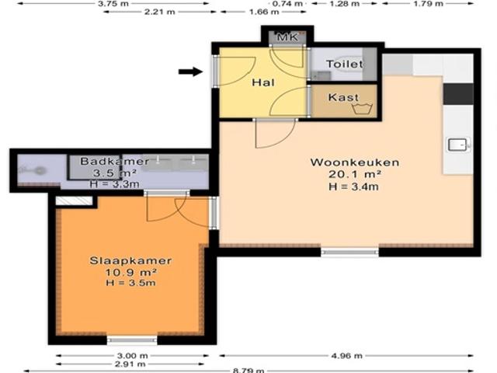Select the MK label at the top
pos(287,38)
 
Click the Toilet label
pos(343,64)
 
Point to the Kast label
pos(342,97)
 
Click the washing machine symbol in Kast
pos(362,109)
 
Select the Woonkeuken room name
pos(354,162)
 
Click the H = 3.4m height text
pos(354,186)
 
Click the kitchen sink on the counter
pos(457,145)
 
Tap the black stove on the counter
pos(457,92)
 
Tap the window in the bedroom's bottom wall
pos(131,340)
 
